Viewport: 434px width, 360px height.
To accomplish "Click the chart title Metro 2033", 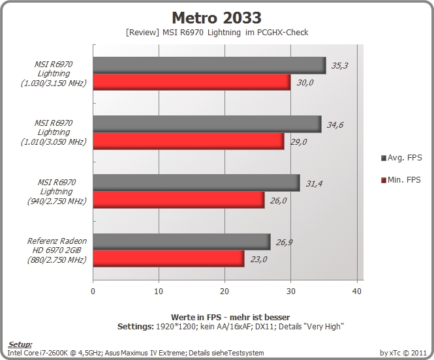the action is point(217,18).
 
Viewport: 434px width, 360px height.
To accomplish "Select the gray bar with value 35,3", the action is point(209,65).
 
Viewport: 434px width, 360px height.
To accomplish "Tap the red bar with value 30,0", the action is point(192,82).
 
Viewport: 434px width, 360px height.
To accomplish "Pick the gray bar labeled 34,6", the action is point(207,124).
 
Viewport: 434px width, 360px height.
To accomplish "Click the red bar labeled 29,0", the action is point(189,142).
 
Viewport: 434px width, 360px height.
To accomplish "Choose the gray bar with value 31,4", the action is point(196,183).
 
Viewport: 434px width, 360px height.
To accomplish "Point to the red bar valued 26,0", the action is point(179,200).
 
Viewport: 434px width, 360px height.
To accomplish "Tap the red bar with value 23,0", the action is point(168,259).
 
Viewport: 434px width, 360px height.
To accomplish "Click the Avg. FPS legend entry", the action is point(401,158).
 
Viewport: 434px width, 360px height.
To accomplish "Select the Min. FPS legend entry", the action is point(401,180).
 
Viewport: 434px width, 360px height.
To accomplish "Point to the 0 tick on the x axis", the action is point(93,291).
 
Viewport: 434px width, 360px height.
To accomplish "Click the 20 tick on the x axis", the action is point(225,291).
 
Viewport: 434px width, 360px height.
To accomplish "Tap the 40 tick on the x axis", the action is point(357,291).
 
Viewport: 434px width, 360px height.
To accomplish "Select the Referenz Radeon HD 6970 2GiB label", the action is point(57,250).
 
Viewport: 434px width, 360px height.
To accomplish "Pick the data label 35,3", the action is point(339,66).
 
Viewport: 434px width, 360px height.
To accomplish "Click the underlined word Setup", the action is point(20,344).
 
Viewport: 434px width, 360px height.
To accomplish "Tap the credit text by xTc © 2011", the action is point(403,353).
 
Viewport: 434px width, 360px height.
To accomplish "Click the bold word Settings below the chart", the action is point(135,327).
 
